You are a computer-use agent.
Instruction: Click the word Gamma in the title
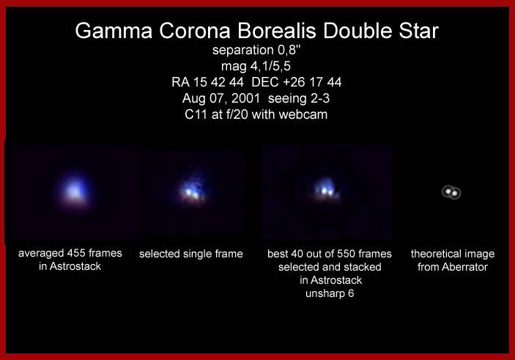point(114,31)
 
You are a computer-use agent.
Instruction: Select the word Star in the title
point(418,31)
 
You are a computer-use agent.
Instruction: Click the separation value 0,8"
point(289,51)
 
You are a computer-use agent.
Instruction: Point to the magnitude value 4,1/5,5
point(270,67)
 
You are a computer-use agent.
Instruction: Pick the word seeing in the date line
point(286,99)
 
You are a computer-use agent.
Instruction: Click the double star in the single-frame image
point(192,192)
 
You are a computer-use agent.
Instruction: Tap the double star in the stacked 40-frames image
point(327,191)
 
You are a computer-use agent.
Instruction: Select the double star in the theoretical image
point(451,192)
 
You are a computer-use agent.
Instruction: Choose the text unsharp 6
point(330,293)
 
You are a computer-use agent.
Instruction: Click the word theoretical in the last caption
point(432,254)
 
